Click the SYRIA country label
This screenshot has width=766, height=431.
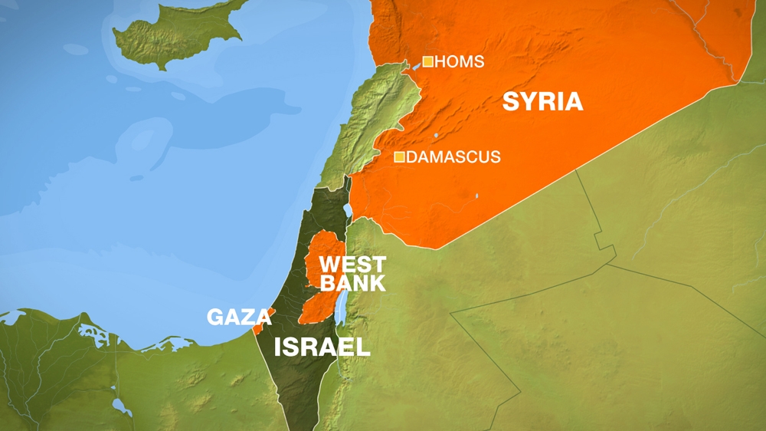542,101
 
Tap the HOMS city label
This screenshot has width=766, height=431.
459,62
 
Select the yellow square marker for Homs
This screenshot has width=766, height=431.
427,61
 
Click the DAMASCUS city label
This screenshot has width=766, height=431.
453,157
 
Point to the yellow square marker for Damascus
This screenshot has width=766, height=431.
399,157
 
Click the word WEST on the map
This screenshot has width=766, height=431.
352,265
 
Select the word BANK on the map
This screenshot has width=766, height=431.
352,284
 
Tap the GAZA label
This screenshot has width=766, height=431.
231,317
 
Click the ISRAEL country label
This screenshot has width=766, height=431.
322,347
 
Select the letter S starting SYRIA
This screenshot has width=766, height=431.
510,101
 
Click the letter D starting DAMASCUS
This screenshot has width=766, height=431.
412,157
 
